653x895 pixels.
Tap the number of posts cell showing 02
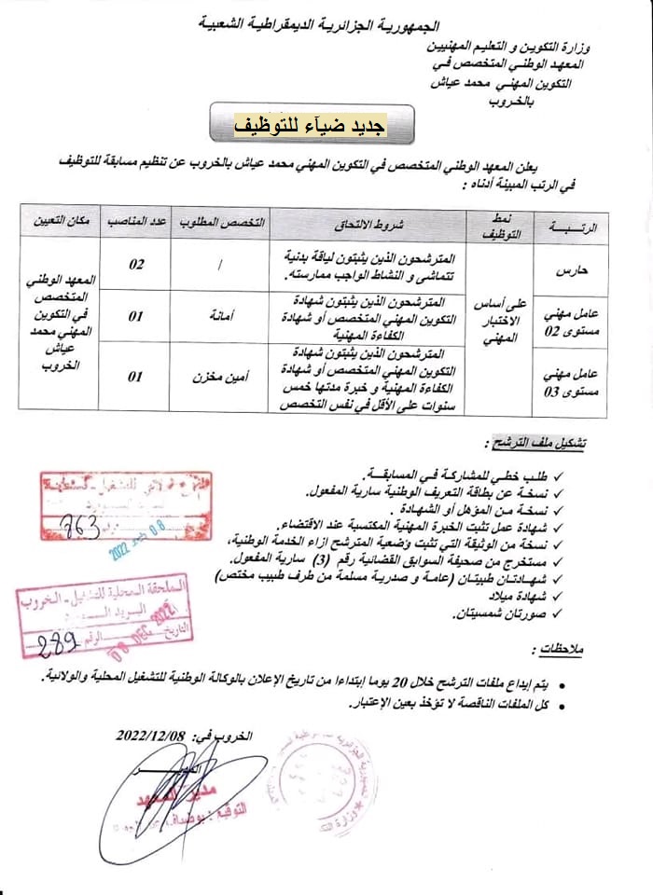(x=135, y=266)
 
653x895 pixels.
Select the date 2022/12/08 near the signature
(x=153, y=734)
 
